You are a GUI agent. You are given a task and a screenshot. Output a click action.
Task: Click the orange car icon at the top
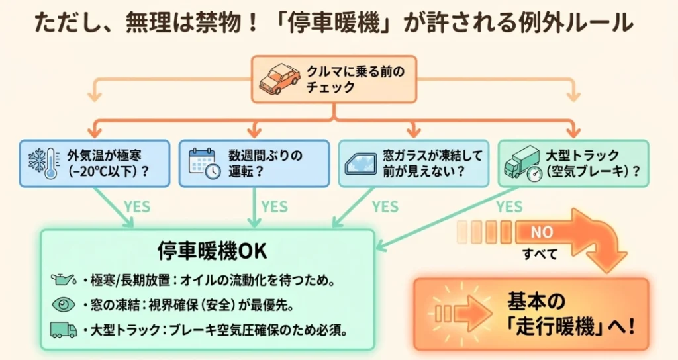280,79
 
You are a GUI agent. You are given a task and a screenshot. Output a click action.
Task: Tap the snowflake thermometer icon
43,164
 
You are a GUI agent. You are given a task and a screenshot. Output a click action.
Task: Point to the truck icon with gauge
522,164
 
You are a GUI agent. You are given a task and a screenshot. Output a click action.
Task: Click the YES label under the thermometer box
137,206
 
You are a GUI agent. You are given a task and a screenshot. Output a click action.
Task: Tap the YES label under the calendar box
274,206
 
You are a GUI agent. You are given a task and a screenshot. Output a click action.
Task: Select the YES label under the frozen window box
385,206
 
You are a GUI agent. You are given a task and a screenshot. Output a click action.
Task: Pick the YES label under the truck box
509,206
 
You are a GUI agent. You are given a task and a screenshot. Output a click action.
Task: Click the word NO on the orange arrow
542,232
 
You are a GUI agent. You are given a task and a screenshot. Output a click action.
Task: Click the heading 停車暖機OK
212,251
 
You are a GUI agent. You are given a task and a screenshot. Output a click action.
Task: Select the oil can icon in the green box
64,280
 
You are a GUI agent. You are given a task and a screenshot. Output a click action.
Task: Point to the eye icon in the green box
64,304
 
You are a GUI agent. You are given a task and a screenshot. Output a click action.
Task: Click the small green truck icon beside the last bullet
64,330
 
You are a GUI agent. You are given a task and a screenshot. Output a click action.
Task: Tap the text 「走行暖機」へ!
571,327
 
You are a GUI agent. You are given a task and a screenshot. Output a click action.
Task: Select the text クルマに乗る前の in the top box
356,71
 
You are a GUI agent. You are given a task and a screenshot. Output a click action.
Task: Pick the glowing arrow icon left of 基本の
461,313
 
